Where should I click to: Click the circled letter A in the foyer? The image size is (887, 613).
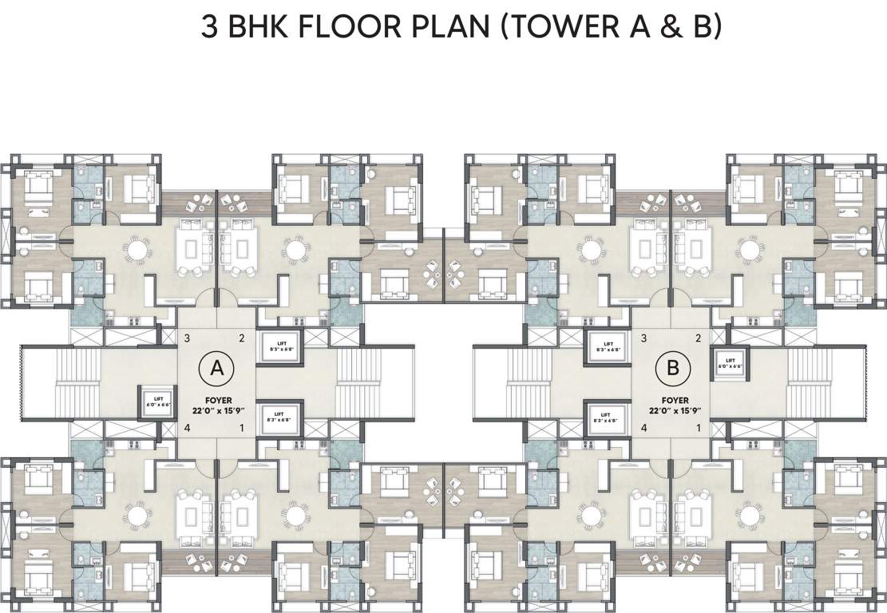216,368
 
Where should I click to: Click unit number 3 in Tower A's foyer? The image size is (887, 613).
186,338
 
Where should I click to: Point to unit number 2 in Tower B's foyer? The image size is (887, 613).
699,338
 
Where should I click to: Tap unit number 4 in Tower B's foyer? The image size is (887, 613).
643,428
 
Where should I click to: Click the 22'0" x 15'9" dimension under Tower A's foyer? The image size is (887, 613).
215,409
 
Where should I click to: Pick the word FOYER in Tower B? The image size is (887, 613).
675,399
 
